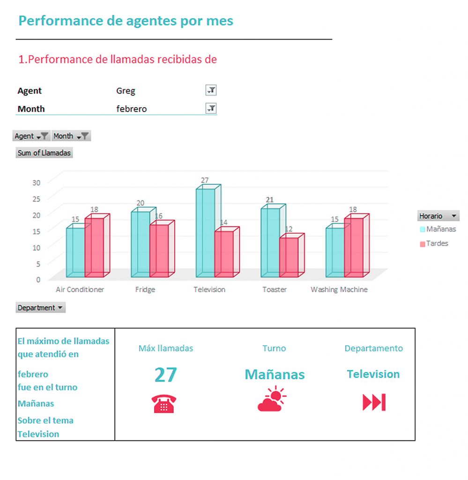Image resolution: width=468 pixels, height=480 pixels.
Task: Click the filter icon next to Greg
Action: pos(211,90)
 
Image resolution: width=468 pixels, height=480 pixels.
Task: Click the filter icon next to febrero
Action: pos(211,109)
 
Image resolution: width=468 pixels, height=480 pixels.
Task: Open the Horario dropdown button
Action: pos(438,216)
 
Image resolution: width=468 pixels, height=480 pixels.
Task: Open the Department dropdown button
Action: pos(41,308)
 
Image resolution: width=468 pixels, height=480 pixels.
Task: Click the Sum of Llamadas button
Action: pos(44,153)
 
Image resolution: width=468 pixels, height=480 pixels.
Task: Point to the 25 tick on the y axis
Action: pos(36,198)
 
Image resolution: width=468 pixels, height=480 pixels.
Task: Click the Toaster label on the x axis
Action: pos(274,290)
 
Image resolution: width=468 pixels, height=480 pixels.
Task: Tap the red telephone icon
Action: pos(163,404)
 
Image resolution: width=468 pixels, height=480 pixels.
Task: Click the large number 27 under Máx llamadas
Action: pos(166,375)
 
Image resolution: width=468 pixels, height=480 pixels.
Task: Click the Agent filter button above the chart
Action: pos(31,136)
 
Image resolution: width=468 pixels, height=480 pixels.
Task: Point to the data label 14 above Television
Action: pos(223,222)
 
